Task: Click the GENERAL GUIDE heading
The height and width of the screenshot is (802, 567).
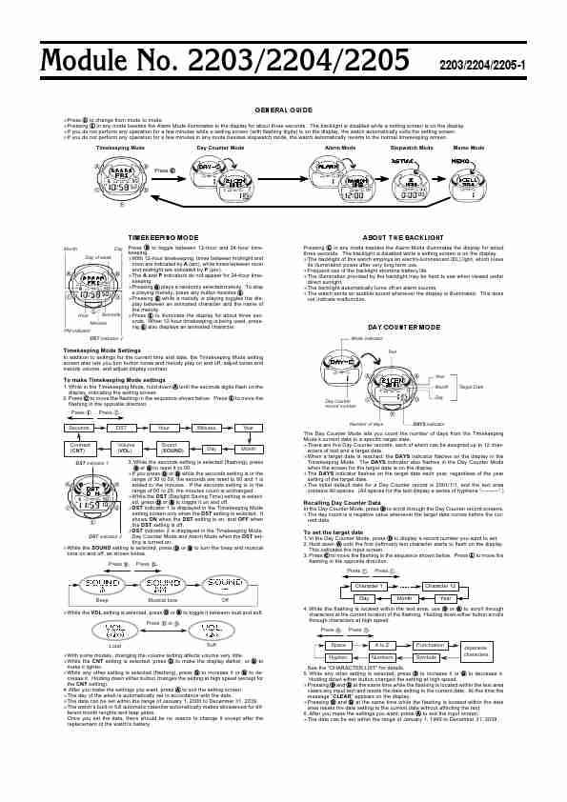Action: tap(283, 110)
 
